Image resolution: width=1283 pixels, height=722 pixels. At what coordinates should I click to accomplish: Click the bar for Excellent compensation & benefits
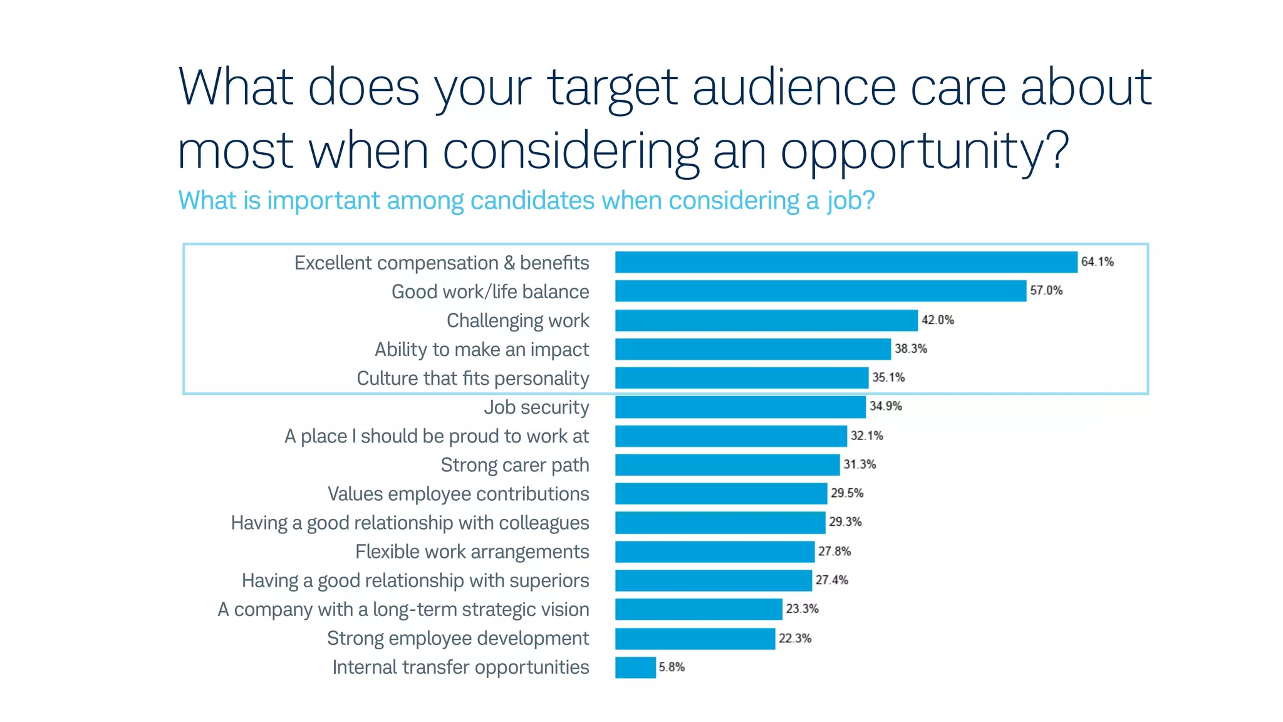[x=846, y=262]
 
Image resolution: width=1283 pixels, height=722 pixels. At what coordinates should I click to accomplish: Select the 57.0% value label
[x=1046, y=291]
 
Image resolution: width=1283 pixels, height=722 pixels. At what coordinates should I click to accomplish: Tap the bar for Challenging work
[x=766, y=320]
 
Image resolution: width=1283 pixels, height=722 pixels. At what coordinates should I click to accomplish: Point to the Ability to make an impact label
[x=481, y=350]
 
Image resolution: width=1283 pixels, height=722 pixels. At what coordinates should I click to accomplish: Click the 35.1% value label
[x=888, y=377]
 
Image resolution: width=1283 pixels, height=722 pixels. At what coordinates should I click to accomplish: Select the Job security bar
[x=740, y=407]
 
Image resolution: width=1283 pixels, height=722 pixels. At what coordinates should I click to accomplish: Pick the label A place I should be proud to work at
[x=436, y=436]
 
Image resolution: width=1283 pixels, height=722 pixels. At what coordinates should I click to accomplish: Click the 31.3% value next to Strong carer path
[x=860, y=464]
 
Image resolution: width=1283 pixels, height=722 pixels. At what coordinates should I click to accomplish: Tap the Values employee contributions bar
[x=720, y=493]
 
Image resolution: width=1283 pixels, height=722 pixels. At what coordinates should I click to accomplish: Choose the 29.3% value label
[x=845, y=522]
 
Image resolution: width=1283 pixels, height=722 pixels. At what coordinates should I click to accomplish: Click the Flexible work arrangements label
[x=472, y=552]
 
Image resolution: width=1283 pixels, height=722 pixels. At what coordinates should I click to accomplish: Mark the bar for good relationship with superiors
[x=713, y=580]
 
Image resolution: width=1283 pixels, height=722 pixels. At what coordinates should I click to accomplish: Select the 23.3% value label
[x=802, y=609]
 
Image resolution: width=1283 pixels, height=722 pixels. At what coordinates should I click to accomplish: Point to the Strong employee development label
[x=457, y=638]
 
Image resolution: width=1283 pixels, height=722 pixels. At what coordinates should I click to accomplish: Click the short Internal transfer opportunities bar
[x=635, y=667]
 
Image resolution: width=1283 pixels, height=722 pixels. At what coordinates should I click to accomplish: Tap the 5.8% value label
[x=672, y=667]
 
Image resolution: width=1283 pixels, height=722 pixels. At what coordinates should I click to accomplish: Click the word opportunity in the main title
[x=915, y=152]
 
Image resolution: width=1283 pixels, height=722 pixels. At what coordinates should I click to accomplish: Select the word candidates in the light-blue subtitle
[x=532, y=201]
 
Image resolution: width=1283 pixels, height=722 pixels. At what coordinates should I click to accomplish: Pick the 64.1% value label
[x=1097, y=262]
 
